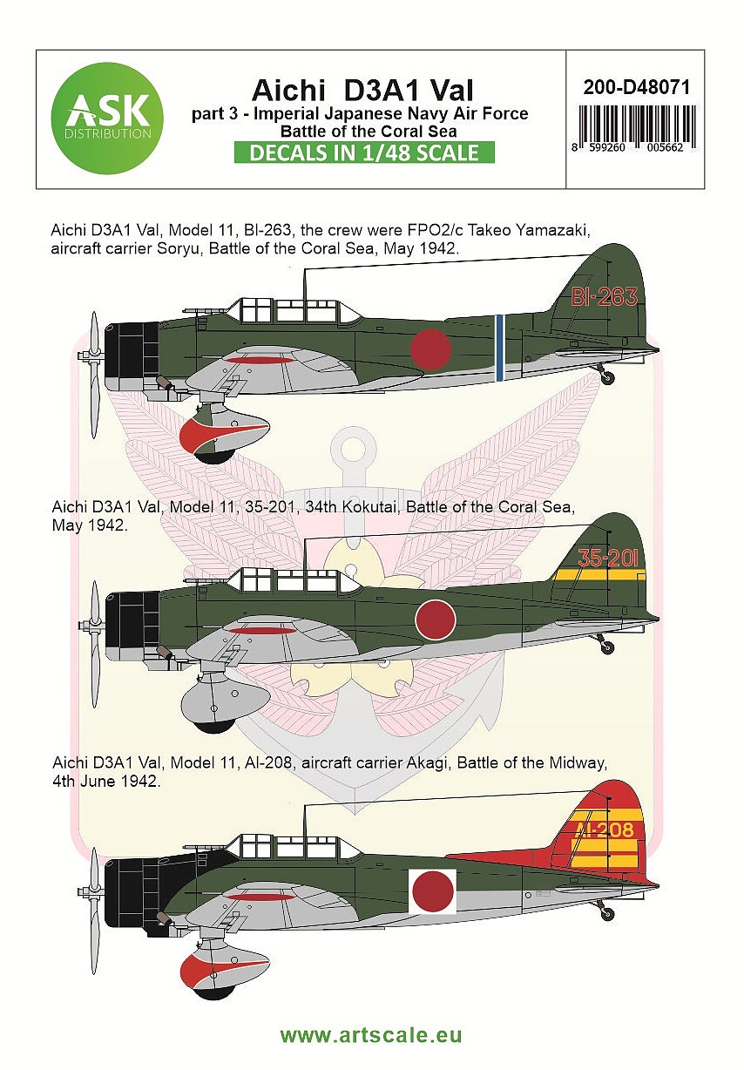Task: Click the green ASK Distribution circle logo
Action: tap(107, 119)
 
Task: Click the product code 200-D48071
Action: tap(636, 87)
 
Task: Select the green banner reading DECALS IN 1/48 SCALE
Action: tap(364, 152)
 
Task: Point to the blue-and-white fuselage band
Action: tap(499, 348)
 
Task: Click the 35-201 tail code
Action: tap(607, 558)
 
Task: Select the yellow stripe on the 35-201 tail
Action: tap(599, 574)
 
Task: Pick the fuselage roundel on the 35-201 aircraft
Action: tap(435, 620)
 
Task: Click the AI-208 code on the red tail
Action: tap(604, 830)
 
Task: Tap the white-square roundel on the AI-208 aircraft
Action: tap(433, 891)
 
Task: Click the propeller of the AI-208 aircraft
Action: tap(93, 911)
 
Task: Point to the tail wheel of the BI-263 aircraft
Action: tap(607, 378)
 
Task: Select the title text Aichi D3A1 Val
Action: tap(363, 90)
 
